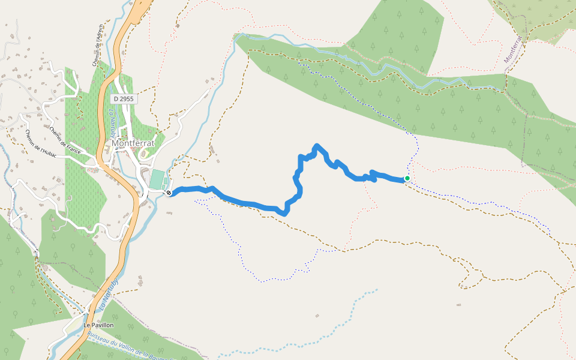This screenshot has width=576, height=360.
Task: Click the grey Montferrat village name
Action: click(133, 144)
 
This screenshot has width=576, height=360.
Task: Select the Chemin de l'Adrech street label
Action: click(98, 45)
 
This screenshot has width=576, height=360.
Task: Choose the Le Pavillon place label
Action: click(98, 325)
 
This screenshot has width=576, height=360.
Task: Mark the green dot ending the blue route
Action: click(407, 178)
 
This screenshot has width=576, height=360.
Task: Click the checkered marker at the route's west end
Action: click(170, 193)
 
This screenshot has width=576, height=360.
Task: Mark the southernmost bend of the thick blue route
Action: click(285, 214)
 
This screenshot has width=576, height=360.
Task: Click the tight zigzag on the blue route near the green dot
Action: click(372, 176)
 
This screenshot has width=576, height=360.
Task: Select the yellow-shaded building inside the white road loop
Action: click(145, 154)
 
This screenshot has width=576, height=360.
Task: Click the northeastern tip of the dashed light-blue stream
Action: click(376, 290)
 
